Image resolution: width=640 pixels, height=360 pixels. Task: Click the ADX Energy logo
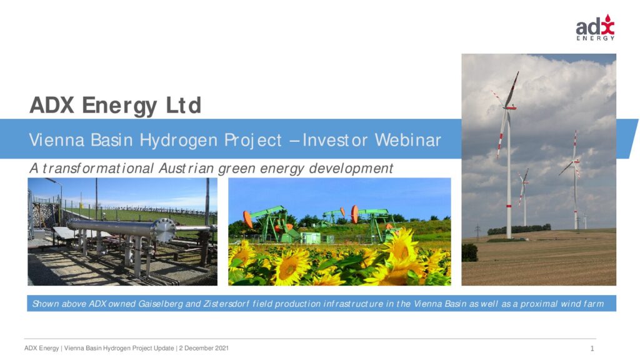(595, 27)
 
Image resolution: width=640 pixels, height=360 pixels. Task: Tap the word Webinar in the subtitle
(407, 140)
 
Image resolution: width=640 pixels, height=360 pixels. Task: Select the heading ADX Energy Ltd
(116, 105)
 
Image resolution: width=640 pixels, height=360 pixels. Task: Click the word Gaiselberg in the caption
(161, 304)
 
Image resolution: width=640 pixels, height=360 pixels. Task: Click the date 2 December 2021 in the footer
(204, 348)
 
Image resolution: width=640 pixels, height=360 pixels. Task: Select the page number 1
(592, 349)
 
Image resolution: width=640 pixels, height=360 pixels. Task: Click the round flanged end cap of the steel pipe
(164, 231)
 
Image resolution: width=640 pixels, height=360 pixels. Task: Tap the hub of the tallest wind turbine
(509, 107)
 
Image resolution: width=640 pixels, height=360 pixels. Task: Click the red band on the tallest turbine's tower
(509, 206)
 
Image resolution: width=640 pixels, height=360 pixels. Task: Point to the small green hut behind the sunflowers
(310, 237)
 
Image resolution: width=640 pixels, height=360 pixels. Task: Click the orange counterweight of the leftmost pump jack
(247, 219)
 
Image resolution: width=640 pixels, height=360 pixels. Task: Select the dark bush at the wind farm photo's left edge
(469, 252)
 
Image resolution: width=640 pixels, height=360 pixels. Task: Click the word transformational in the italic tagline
(98, 168)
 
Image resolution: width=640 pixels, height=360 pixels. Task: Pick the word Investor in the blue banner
(335, 140)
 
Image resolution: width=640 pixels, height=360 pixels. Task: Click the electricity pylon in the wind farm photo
(477, 231)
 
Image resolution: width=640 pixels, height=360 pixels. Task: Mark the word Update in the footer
(164, 348)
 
